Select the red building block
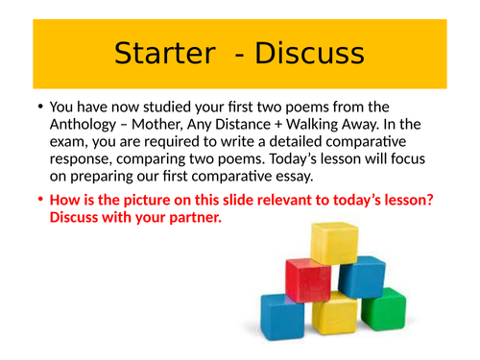pos(307,278)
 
